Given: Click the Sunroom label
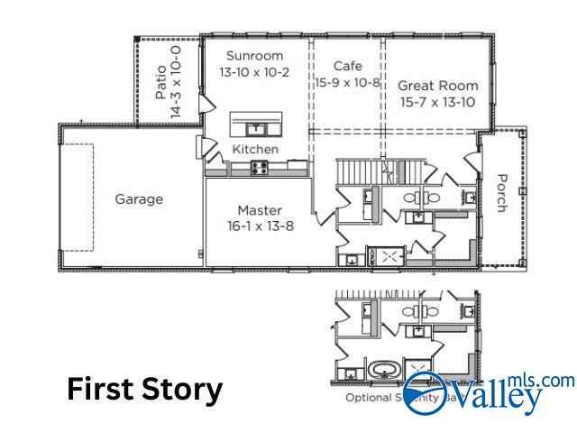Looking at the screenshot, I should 255,56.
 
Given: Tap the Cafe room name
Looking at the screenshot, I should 347,66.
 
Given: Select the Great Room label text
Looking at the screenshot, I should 438,86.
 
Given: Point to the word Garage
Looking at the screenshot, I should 139,199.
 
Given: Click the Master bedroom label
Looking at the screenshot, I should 260,210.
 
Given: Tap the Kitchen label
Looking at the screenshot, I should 255,149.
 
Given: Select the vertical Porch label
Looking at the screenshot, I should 502,192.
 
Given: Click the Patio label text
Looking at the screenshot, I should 160,81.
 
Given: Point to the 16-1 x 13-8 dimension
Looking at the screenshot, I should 260,226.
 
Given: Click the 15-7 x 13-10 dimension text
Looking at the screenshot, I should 438,102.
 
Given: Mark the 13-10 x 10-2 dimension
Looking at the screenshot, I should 255,72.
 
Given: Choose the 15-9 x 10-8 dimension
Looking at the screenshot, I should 347,82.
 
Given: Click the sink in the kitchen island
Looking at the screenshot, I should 255,127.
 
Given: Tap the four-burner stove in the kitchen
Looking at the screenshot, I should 259,166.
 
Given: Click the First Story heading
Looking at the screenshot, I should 144,390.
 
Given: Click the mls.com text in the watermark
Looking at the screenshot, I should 541,382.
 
